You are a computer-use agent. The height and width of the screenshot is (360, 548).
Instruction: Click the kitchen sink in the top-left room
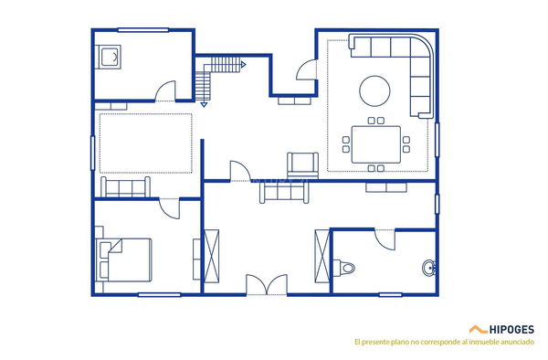(x=111, y=58)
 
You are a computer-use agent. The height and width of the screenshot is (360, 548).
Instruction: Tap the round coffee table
(x=376, y=90)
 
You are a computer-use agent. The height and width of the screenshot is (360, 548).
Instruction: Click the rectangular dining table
(x=375, y=143)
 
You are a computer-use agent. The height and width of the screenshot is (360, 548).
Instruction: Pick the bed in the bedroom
(x=126, y=259)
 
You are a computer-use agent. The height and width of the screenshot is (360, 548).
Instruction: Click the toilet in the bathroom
(x=345, y=268)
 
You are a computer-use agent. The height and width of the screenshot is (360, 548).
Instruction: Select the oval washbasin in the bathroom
(x=429, y=268)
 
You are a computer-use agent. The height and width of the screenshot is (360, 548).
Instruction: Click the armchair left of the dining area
(x=300, y=164)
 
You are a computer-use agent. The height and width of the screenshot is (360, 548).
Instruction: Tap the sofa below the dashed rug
(x=126, y=188)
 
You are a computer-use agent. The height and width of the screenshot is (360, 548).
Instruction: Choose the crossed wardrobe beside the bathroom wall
(x=322, y=256)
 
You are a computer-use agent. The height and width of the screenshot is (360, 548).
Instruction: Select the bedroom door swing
(x=169, y=207)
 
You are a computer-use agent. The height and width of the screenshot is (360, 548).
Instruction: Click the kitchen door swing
(x=164, y=91)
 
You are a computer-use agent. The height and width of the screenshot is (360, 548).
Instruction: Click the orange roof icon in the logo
(x=477, y=328)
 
